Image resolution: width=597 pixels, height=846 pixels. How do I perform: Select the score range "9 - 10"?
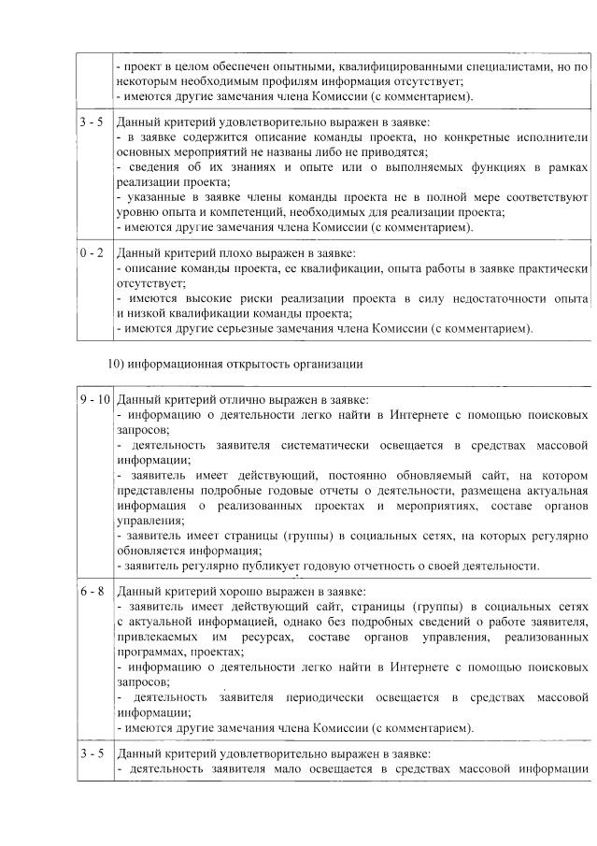pyautogui.click(x=93, y=399)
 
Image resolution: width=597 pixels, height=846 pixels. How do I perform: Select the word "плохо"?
pyautogui.click(x=218, y=253)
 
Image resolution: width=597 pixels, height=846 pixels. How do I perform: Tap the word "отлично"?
pyautogui.click(x=222, y=399)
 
